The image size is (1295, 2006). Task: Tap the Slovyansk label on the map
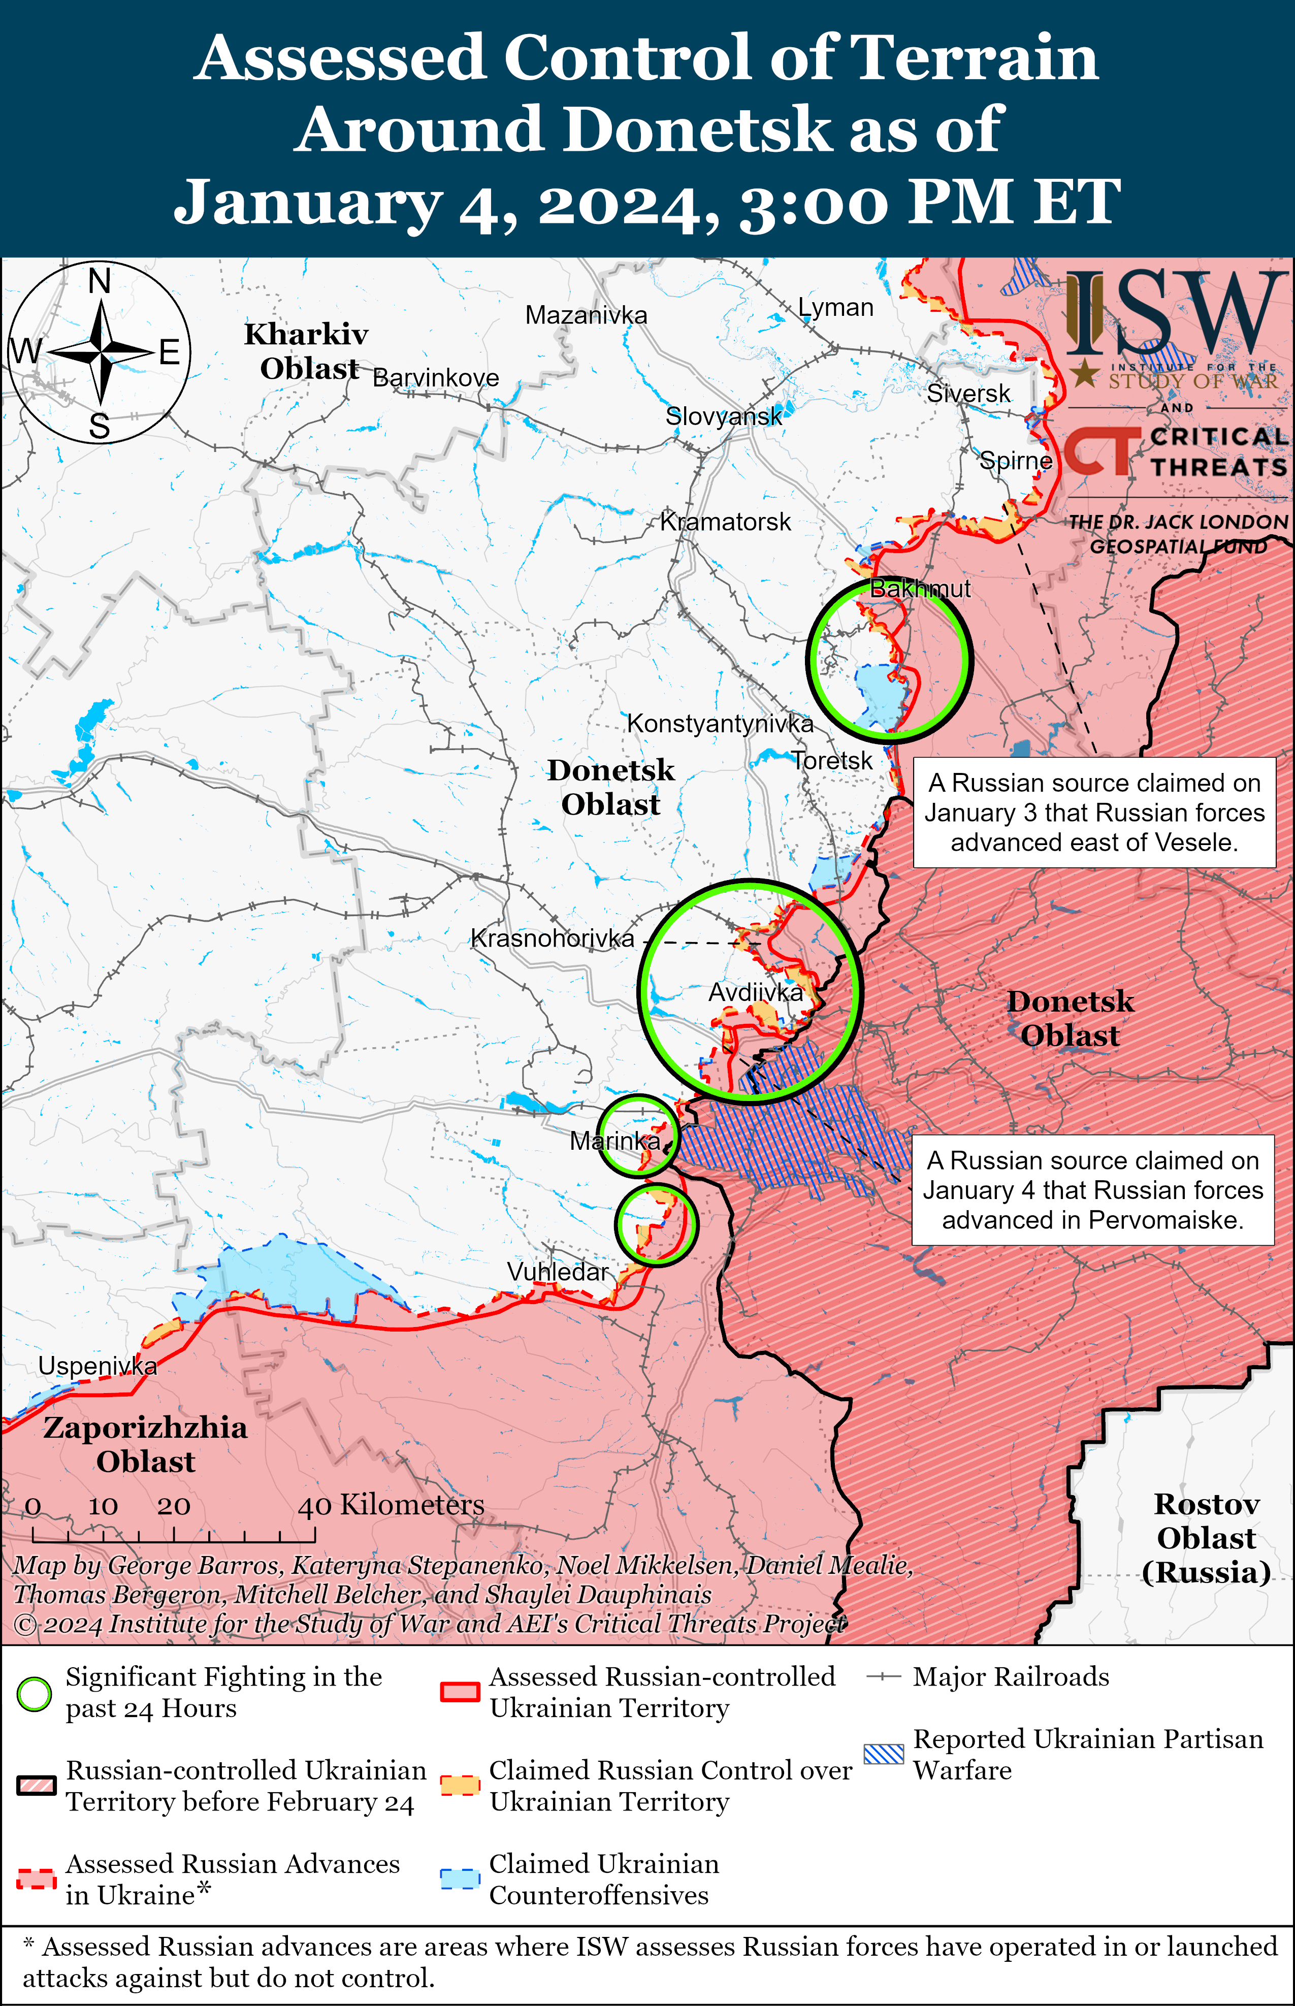(723, 416)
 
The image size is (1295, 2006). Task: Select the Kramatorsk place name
(725, 522)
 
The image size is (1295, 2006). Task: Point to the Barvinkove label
(436, 378)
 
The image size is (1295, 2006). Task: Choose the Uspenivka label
(98, 1366)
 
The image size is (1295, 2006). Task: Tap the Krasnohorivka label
(553, 939)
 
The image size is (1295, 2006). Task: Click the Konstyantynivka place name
(720, 724)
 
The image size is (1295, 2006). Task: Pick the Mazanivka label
(586, 315)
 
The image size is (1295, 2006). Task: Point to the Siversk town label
(969, 394)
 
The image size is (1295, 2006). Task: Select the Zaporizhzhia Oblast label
(145, 1444)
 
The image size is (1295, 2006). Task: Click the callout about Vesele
(1094, 812)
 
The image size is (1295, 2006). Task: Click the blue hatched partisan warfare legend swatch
(884, 1754)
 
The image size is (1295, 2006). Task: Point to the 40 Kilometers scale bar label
(391, 1505)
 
